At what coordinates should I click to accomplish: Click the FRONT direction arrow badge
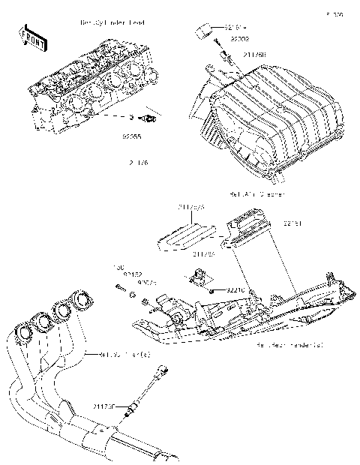tap(30, 38)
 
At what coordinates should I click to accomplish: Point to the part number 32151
tap(292, 223)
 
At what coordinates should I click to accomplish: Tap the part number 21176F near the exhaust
tap(104, 406)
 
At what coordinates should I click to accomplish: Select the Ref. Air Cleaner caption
tap(258, 194)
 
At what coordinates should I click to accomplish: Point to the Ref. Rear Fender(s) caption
tap(289, 346)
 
